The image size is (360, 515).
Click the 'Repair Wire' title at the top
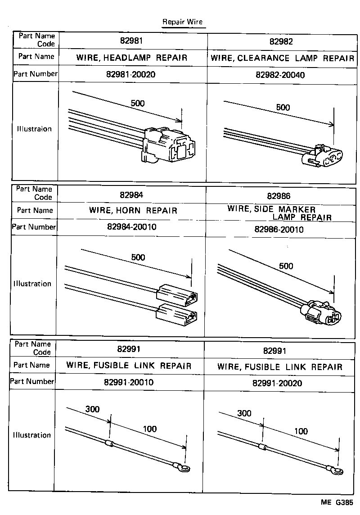click(182, 22)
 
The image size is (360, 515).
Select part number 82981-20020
click(131, 74)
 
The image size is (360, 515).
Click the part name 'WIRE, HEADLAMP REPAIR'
click(131, 58)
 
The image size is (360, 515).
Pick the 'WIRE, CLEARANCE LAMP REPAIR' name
click(282, 58)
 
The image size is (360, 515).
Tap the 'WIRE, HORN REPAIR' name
click(133, 211)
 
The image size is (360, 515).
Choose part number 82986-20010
click(279, 230)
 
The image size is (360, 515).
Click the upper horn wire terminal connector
click(177, 294)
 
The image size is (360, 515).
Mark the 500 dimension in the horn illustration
click(138, 257)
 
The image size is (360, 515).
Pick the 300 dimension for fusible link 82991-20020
click(244, 413)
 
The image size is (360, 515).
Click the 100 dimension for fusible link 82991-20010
click(150, 429)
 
